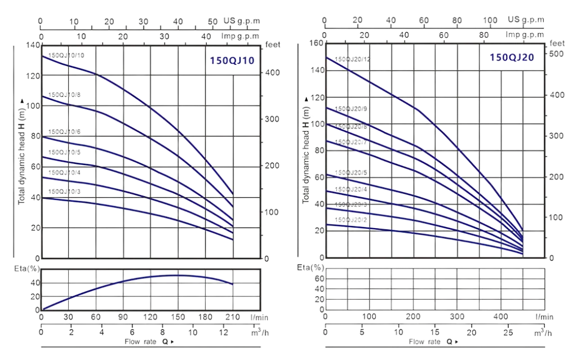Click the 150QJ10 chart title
(232, 60)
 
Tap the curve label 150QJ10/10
(66, 55)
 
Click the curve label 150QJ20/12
(352, 59)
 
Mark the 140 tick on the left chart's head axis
(33, 45)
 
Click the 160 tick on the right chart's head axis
(317, 43)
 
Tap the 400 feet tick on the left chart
(271, 73)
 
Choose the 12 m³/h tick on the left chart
(224, 332)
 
